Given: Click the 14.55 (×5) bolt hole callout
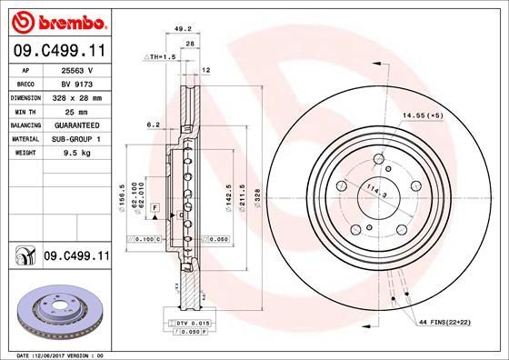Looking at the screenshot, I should pyautogui.click(x=420, y=115).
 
